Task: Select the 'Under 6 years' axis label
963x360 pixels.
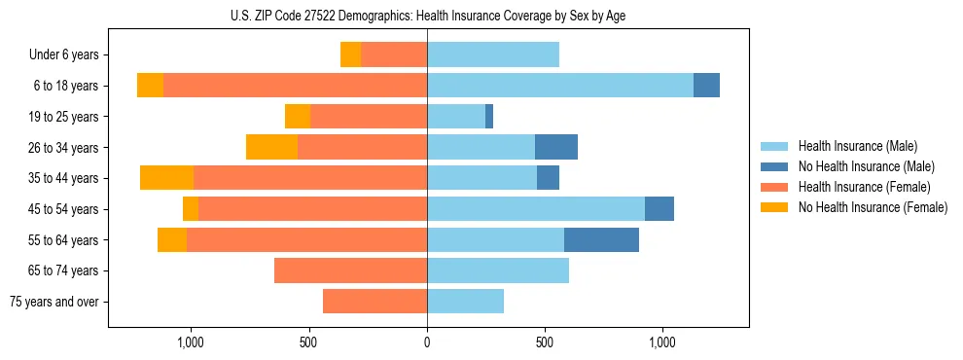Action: pyautogui.click(x=64, y=54)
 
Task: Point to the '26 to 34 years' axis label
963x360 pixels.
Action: pyautogui.click(x=64, y=147)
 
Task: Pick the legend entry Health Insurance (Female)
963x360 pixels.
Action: pyautogui.click(x=864, y=187)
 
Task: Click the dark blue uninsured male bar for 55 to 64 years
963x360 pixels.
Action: pyautogui.click(x=601, y=239)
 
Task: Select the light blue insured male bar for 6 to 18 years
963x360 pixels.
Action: pyautogui.click(x=560, y=86)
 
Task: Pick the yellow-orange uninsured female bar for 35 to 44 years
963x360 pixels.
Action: pyautogui.click(x=166, y=178)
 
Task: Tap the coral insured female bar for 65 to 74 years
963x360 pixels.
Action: pyautogui.click(x=350, y=270)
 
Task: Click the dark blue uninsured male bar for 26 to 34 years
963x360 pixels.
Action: pyautogui.click(x=556, y=147)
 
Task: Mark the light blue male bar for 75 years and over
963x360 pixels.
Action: pyautogui.click(x=465, y=302)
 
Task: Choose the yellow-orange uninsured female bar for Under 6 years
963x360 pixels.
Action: pyautogui.click(x=350, y=54)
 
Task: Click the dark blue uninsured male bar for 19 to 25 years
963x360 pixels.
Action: pyautogui.click(x=489, y=117)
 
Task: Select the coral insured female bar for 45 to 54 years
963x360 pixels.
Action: pyautogui.click(x=312, y=209)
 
